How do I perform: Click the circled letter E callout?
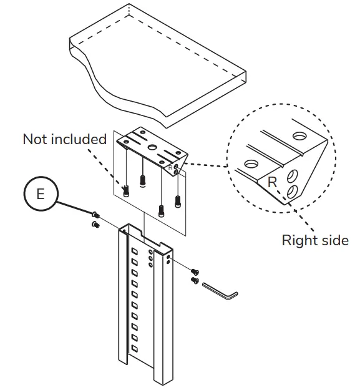41,194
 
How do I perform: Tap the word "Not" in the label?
36,139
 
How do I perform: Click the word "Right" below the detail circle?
298,240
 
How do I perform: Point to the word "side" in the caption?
334,240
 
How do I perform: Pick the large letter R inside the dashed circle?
272,182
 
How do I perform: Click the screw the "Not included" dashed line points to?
127,191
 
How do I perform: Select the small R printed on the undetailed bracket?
170,167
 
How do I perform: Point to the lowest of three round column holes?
150,265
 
